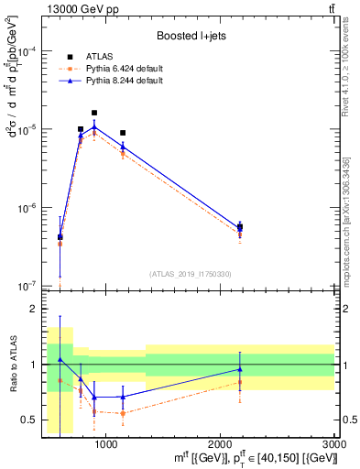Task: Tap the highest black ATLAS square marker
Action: pos(94,113)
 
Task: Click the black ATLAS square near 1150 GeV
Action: pos(123,133)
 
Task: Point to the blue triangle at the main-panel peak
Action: pos(94,127)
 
